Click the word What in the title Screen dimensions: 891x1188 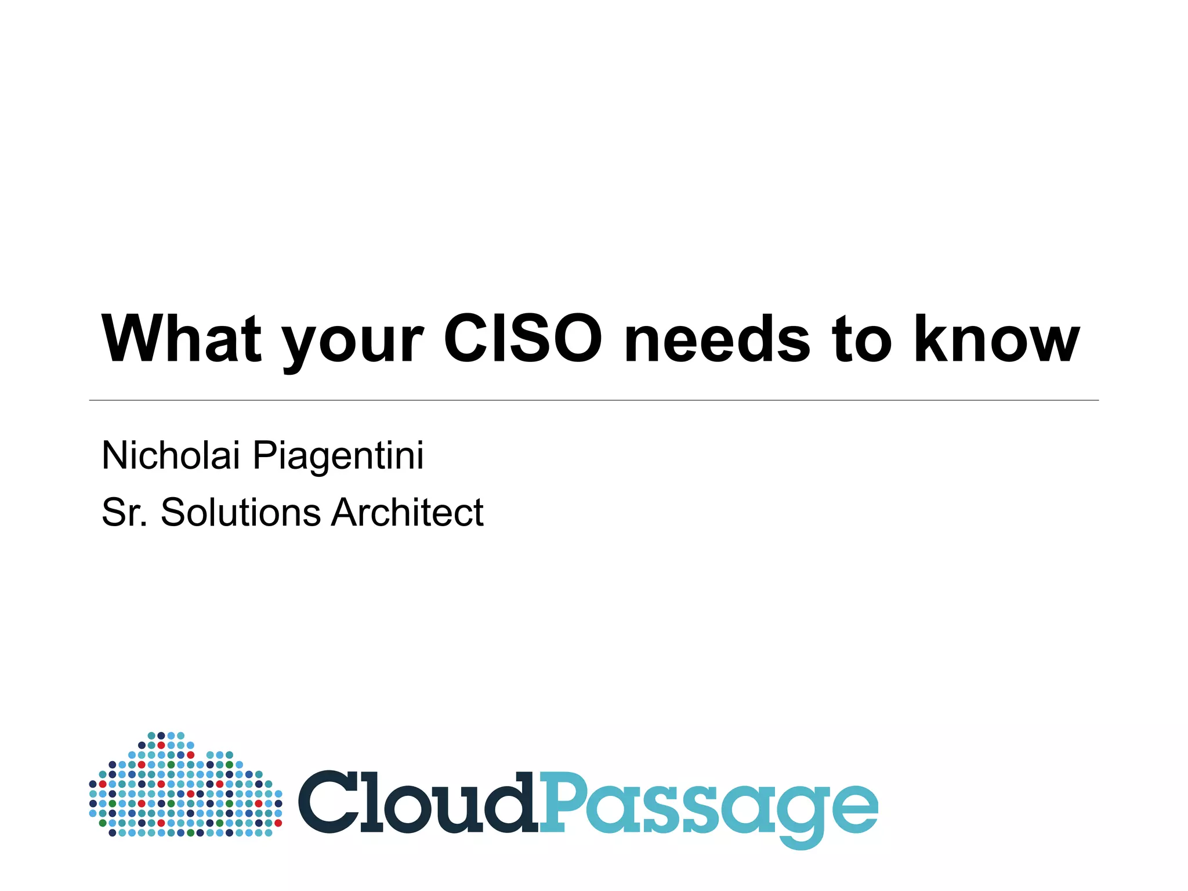182,339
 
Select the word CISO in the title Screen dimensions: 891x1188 523,339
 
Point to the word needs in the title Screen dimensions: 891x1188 717,339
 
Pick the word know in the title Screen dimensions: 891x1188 997,339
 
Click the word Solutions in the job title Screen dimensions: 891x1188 240,512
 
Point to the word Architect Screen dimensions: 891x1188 407,512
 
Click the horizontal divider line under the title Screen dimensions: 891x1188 594,400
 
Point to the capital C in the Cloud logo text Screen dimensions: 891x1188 329,802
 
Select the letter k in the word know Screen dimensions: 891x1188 933,339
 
